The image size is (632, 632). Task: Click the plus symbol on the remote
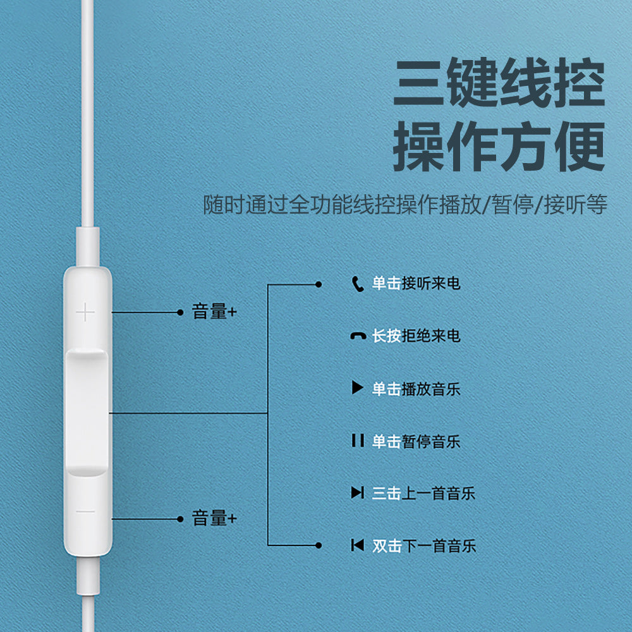tap(85, 312)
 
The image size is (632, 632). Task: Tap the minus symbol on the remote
tap(85, 512)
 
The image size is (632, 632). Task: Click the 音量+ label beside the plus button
tap(214, 312)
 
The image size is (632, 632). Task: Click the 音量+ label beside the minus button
tap(214, 518)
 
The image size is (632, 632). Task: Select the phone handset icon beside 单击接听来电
tap(358, 284)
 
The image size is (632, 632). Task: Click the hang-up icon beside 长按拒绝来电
tap(358, 336)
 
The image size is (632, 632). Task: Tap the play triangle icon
tap(357, 387)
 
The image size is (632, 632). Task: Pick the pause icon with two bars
tap(358, 441)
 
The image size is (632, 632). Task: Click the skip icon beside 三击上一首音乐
tap(358, 492)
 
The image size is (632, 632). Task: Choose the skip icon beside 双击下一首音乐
tap(358, 545)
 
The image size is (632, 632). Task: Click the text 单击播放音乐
tap(416, 389)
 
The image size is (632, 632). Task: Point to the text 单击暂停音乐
tap(416, 441)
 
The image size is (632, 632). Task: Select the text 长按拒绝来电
tap(416, 336)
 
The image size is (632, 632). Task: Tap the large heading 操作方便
tap(499, 146)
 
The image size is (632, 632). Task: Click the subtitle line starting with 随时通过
tap(405, 204)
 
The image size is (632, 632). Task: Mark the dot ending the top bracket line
tap(319, 284)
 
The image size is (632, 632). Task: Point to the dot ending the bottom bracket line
tap(319, 545)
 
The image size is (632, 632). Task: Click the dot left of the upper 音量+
tap(180, 312)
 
